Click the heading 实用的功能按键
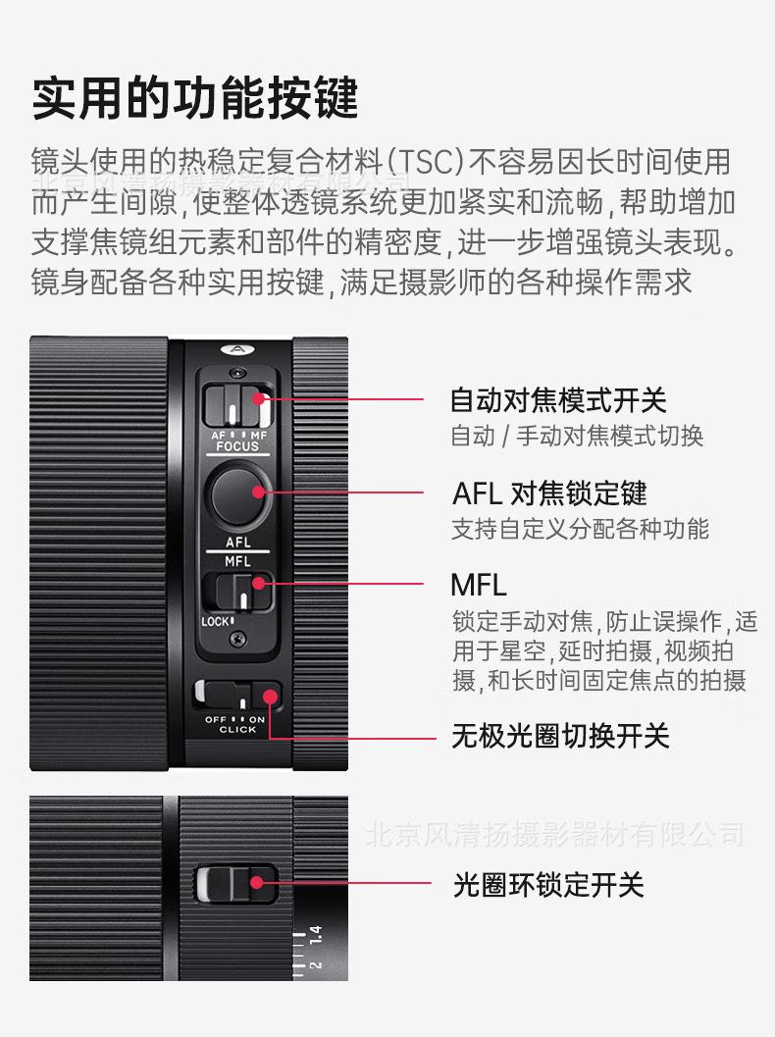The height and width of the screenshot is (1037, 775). (x=196, y=99)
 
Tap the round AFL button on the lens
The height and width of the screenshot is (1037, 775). (x=238, y=493)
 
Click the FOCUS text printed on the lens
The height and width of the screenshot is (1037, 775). (x=237, y=446)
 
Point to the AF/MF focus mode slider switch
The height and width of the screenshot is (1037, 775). (x=238, y=404)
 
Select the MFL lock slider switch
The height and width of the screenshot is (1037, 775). (x=238, y=593)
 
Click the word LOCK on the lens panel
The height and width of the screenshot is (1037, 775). (x=216, y=621)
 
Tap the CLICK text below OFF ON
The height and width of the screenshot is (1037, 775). (x=237, y=730)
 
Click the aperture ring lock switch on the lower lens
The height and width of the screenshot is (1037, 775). (x=235, y=884)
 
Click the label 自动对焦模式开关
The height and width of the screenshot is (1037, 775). (x=558, y=400)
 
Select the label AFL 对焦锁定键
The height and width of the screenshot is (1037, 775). (x=549, y=493)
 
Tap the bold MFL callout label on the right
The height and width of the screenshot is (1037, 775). (x=479, y=586)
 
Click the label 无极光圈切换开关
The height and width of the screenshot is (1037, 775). (x=560, y=736)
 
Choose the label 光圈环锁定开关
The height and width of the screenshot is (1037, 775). (x=548, y=885)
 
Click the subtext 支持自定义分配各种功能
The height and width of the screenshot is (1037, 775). (x=580, y=530)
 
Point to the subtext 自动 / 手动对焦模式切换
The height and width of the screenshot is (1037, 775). (x=577, y=436)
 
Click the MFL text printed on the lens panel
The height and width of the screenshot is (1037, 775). (x=237, y=561)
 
